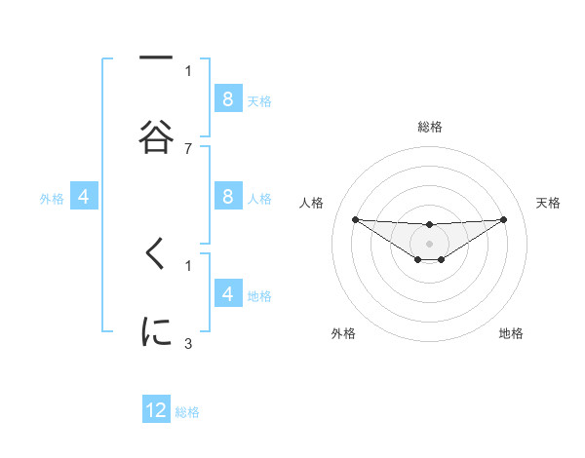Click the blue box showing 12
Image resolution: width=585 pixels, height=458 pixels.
(156, 410)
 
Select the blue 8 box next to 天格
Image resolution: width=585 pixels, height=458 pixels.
(227, 98)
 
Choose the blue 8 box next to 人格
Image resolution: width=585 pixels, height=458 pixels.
(227, 196)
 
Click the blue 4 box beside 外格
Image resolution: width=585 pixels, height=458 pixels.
(84, 197)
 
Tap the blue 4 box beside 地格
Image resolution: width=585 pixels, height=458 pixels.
(227, 293)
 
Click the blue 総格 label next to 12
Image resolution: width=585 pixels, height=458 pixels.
(187, 412)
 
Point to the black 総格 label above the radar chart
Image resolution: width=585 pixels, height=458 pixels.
(429, 127)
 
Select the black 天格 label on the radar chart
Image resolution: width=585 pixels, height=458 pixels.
(548, 203)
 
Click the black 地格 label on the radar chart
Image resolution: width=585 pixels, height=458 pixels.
(511, 333)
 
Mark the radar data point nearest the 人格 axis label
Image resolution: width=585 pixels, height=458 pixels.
(355, 219)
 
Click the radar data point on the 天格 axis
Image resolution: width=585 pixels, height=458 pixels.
(503, 219)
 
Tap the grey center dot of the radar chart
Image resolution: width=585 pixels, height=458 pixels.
(429, 244)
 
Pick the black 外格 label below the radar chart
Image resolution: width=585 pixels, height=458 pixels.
(343, 333)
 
